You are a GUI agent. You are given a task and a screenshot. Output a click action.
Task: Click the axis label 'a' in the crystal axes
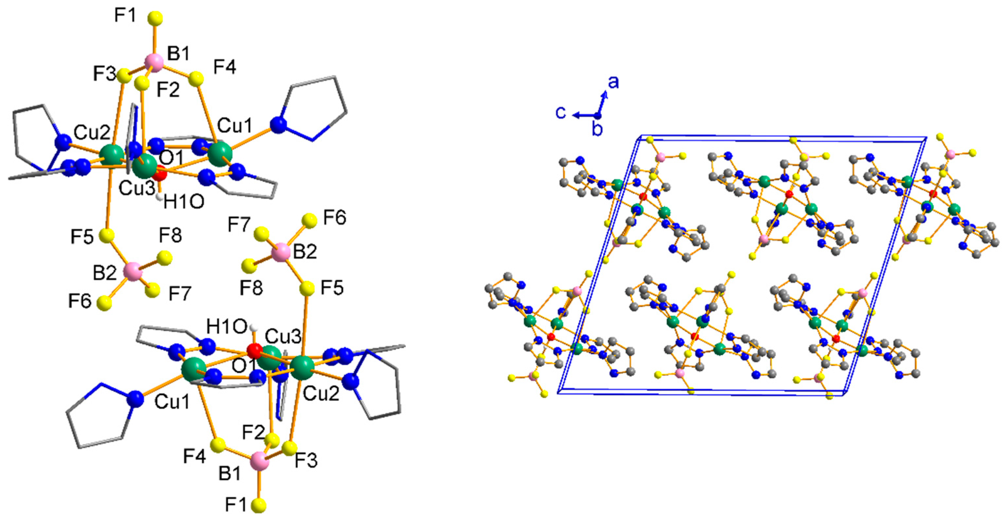tap(614, 83)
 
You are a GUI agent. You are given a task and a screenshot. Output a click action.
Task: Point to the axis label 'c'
tap(561, 112)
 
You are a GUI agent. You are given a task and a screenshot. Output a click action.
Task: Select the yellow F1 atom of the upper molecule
tap(155, 19)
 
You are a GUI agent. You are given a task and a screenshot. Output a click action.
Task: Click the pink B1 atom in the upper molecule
tap(155, 63)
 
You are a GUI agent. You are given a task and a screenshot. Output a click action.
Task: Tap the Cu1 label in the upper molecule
tap(234, 126)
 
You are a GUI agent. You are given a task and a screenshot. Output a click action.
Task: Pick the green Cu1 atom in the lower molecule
tap(194, 368)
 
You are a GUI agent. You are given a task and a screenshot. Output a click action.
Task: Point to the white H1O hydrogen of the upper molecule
tap(159, 197)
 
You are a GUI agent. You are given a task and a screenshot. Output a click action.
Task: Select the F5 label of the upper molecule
tap(82, 236)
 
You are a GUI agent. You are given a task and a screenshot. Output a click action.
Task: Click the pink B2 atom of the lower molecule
tap(281, 252)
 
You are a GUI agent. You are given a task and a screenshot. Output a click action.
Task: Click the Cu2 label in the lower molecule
tap(321, 394)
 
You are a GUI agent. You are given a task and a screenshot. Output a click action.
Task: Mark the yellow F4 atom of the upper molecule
tap(196, 79)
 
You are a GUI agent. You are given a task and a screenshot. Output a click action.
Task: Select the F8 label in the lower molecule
tap(251, 288)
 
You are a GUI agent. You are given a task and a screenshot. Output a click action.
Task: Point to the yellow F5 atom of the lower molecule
tap(307, 289)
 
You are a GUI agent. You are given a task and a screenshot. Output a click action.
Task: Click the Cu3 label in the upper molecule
tap(137, 189)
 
